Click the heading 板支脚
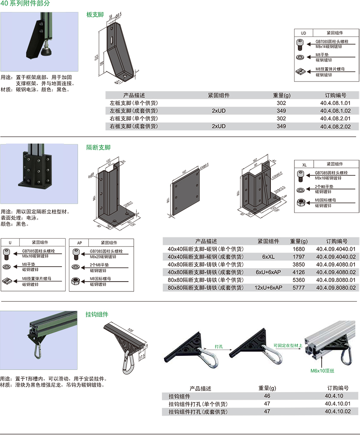(x=95, y=15)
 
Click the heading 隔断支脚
(x=99, y=147)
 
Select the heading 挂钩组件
(x=97, y=314)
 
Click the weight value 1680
(x=299, y=249)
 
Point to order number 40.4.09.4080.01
(x=336, y=264)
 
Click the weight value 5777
(x=299, y=288)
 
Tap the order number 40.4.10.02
(x=338, y=411)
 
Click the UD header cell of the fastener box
(x=303, y=33)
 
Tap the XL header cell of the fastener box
(x=304, y=164)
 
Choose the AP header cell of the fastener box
(x=79, y=243)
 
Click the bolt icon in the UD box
(x=300, y=43)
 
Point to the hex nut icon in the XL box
(x=300, y=201)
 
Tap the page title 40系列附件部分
(x=25, y=3)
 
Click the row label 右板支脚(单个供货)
(x=134, y=119)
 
